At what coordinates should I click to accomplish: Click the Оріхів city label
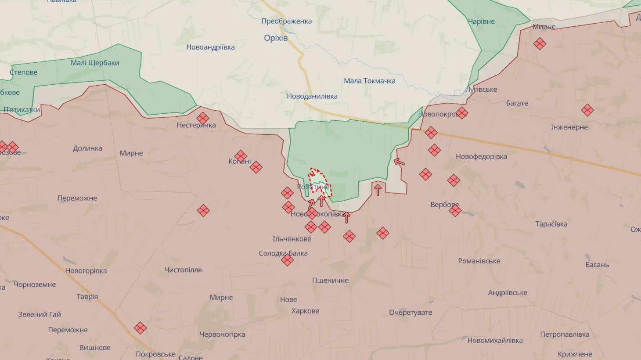[276, 38]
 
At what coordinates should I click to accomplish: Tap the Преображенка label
[286, 21]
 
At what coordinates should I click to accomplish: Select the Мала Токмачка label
[369, 81]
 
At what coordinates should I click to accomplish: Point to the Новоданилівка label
[312, 96]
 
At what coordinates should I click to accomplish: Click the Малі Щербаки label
[95, 63]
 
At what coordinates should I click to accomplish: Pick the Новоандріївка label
[210, 47]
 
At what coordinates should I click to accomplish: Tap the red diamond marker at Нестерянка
[203, 118]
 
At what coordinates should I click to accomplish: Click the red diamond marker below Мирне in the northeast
[540, 43]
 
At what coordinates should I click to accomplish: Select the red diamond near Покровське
[140, 328]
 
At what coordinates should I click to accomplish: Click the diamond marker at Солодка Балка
[287, 260]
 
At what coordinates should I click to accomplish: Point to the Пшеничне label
[330, 281]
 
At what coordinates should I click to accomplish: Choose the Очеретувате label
[410, 313]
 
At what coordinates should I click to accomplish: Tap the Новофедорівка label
[481, 156]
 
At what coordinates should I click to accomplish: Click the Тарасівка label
[551, 224]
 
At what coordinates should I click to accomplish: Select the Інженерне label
[569, 127]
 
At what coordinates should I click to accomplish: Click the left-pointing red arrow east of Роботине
[399, 162]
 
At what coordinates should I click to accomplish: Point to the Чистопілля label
[183, 270]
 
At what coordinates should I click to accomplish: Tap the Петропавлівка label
[565, 335]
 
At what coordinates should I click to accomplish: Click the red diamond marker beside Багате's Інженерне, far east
[587, 110]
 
